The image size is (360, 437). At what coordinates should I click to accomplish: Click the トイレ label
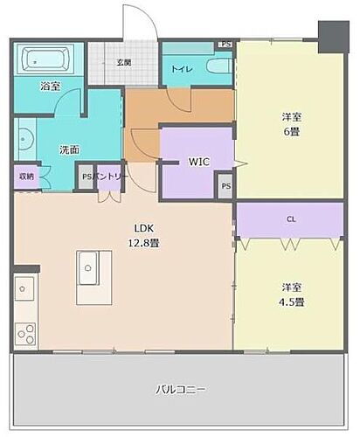point(183,67)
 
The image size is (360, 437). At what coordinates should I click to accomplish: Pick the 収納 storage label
point(26,176)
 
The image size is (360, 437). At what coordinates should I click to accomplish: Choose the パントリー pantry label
point(113,176)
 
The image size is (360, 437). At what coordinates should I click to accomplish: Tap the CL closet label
point(291,219)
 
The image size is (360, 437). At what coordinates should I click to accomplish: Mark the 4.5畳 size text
point(292,302)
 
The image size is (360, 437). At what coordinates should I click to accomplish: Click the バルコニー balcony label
point(181,389)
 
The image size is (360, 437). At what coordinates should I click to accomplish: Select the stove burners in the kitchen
point(24,332)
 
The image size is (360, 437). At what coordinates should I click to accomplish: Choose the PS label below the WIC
point(225,185)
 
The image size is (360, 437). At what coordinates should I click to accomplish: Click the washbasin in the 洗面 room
point(24,144)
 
